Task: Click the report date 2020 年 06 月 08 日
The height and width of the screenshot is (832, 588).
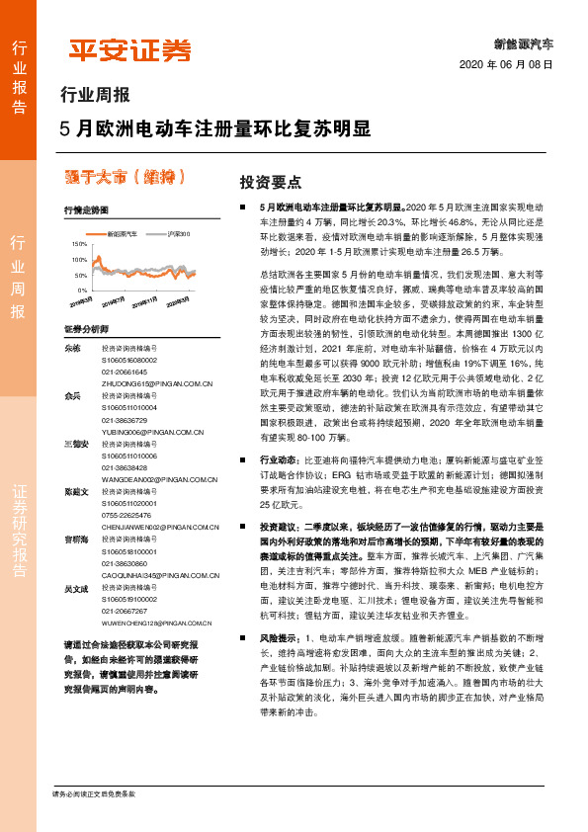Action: click(506, 65)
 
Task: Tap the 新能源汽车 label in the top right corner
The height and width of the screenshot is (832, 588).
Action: click(523, 43)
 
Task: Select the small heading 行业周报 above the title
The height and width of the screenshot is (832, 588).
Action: click(95, 96)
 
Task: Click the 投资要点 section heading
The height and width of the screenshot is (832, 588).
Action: click(271, 183)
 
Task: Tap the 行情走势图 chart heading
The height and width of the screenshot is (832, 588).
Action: click(86, 210)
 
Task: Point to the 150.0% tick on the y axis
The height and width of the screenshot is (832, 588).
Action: click(80, 242)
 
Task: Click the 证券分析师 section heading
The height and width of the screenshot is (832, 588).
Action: click(86, 328)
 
